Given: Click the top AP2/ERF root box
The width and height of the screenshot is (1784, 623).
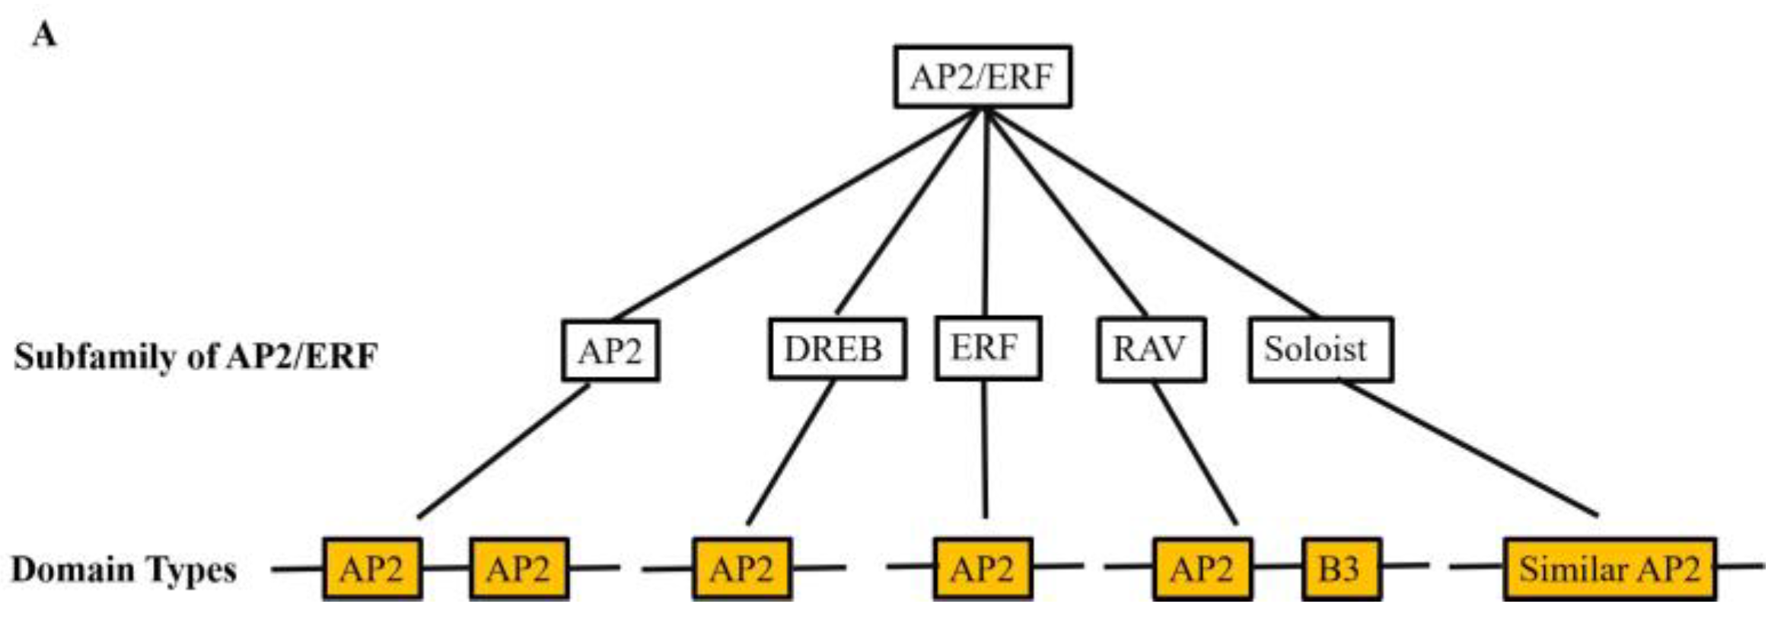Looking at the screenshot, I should pyautogui.click(x=983, y=77).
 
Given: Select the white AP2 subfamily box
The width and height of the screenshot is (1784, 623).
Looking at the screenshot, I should pyautogui.click(x=610, y=351).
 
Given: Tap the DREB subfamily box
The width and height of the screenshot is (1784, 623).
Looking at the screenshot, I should pyautogui.click(x=836, y=350).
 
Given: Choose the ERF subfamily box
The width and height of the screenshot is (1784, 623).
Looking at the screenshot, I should pyautogui.click(x=987, y=348).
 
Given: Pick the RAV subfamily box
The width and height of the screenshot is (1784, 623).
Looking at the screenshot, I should pyautogui.click(x=1151, y=350).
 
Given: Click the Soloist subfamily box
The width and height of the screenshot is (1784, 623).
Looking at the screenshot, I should pyautogui.click(x=1320, y=350).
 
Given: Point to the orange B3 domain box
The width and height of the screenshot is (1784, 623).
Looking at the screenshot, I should pyautogui.click(x=1341, y=569).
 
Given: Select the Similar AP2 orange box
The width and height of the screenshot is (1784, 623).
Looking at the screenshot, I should pyautogui.click(x=1609, y=569).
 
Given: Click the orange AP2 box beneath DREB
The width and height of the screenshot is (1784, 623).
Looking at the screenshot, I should pyautogui.click(x=742, y=569).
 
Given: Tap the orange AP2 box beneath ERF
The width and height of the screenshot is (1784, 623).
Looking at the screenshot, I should pyautogui.click(x=983, y=569).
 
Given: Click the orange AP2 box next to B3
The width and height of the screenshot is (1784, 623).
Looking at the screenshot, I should pyautogui.click(x=1202, y=569).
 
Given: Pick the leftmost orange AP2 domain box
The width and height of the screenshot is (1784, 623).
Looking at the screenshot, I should pyautogui.click(x=372, y=569).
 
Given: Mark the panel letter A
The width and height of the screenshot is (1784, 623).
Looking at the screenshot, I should pyautogui.click(x=44, y=35).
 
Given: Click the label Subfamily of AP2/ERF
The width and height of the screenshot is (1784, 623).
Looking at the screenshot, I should pyautogui.click(x=196, y=356).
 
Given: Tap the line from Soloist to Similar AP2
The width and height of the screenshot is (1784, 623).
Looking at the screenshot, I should pyautogui.click(x=1469, y=449).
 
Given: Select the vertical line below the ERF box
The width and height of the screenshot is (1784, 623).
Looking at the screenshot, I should pyautogui.click(x=985, y=449).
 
